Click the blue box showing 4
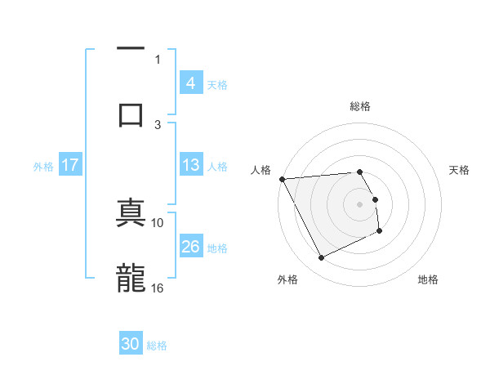point(190,83)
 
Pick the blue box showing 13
point(190,165)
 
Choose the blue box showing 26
point(190,247)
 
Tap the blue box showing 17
point(70,165)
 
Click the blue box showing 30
point(131,345)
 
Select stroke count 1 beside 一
point(158,59)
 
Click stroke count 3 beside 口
point(158,124)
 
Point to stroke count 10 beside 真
point(158,222)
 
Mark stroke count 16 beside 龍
point(158,288)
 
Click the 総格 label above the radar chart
point(359,106)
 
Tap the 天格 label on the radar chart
point(460,170)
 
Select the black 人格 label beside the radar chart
point(261,170)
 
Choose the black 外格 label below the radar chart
point(287,279)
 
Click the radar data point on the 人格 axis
point(283,179)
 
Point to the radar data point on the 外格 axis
point(321,258)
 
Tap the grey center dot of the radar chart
point(359,203)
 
